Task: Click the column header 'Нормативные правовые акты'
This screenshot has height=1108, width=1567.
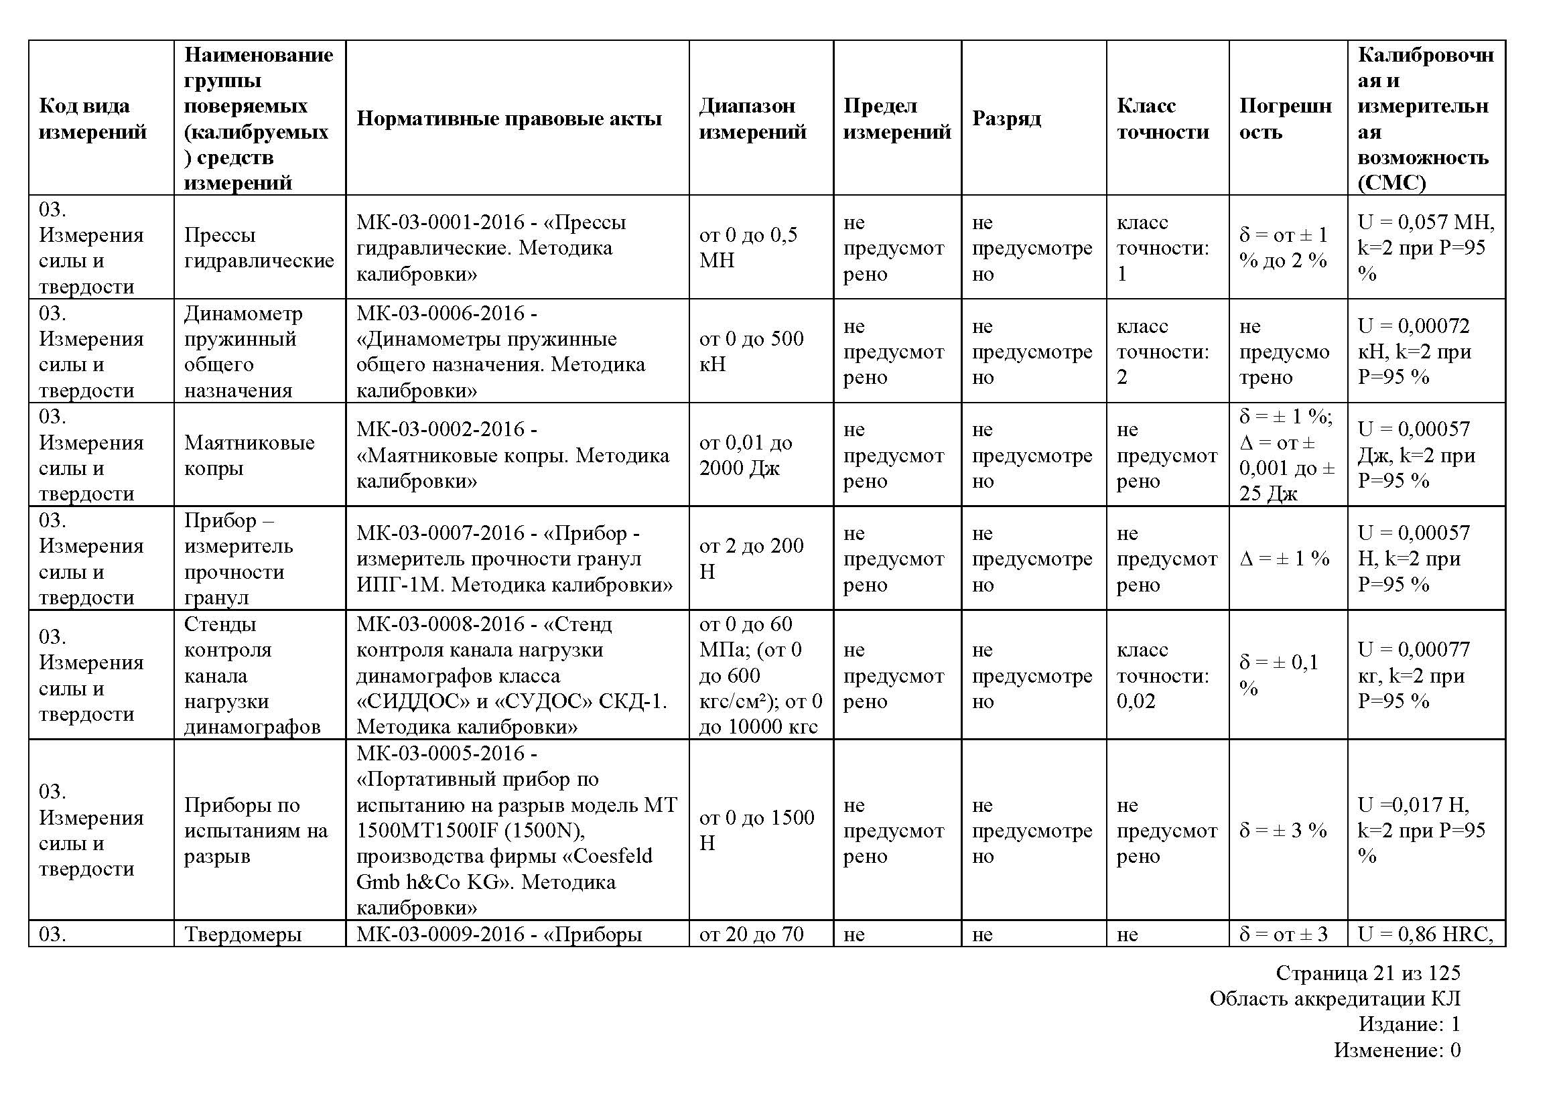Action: [x=509, y=119]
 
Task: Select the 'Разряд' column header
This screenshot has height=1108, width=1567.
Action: [x=1006, y=119]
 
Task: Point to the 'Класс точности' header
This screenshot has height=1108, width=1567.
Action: [x=1162, y=119]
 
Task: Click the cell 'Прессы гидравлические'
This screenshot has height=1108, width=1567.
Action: [x=259, y=248]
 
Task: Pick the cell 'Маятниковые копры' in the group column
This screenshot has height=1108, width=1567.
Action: [x=249, y=455]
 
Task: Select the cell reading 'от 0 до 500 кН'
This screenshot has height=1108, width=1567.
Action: [x=752, y=352]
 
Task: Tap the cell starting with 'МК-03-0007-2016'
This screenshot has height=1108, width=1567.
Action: [x=514, y=559]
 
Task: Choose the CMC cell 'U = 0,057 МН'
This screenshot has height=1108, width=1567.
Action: [x=1425, y=248]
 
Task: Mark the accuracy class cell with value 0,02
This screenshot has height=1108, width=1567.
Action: [x=1162, y=675]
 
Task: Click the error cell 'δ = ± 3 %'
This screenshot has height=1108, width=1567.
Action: [x=1282, y=830]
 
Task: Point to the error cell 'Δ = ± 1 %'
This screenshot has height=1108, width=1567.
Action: [x=1284, y=559]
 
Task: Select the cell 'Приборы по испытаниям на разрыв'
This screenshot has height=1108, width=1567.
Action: [x=256, y=830]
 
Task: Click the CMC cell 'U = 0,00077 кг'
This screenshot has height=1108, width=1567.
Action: [x=1414, y=675]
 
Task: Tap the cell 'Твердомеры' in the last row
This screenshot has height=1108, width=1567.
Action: [x=243, y=934]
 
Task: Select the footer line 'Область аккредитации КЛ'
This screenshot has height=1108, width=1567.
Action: [x=1335, y=999]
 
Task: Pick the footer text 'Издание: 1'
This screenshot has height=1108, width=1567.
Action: [x=1409, y=1024]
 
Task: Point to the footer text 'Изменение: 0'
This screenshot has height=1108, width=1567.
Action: [x=1397, y=1050]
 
